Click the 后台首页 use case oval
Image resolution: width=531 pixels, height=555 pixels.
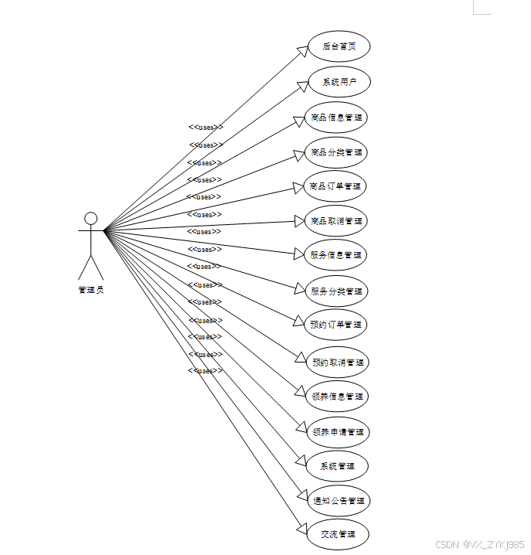[339, 46]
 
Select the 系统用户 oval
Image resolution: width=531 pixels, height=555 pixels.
[339, 82]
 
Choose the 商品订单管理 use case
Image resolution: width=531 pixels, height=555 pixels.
[335, 186]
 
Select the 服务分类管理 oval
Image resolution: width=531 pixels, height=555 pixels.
[336, 291]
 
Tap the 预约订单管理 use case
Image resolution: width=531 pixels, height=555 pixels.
[334, 325]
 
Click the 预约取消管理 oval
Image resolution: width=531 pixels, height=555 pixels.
[338, 362]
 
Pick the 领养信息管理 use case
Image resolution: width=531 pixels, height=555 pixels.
[338, 397]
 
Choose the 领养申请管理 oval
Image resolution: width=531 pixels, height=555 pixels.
[338, 432]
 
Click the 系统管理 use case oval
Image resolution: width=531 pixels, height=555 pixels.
[336, 466]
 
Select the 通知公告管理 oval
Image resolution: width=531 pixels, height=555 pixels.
[339, 501]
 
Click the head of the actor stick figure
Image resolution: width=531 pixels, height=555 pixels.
[90, 218]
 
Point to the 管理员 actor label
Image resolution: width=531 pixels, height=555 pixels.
[90, 290]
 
